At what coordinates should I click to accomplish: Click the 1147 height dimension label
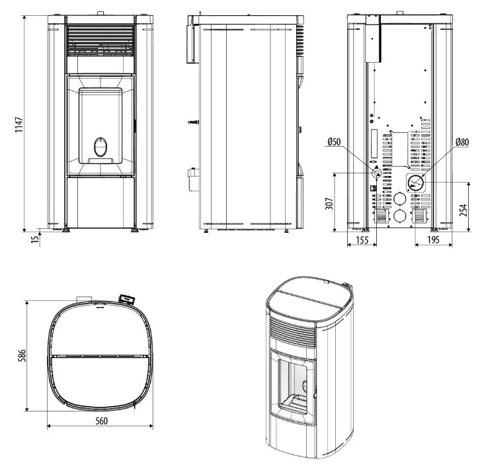point(19,124)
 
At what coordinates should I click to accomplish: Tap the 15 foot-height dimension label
point(36,239)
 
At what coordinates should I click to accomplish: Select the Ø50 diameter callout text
point(334,142)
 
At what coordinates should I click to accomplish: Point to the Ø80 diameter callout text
point(462,142)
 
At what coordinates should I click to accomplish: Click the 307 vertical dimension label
point(329,203)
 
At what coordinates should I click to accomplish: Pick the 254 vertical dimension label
point(463,210)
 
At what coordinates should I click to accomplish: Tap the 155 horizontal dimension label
point(362,239)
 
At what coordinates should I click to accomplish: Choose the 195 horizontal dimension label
point(433,239)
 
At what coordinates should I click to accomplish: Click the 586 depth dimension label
point(22,355)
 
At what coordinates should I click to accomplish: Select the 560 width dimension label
point(101,421)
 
